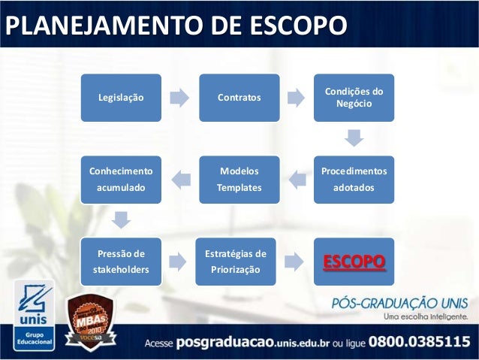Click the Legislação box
[x=122, y=98]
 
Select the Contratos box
[x=239, y=98]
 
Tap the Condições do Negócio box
[x=354, y=98]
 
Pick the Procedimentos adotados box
[x=354, y=180]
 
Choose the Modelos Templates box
[x=239, y=180]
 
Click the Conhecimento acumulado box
[x=122, y=180]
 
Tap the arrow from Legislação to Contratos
[x=179, y=98]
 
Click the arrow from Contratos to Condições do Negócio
[x=297, y=98]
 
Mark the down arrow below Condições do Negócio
[x=354, y=138]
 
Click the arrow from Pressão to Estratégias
[x=179, y=261]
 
